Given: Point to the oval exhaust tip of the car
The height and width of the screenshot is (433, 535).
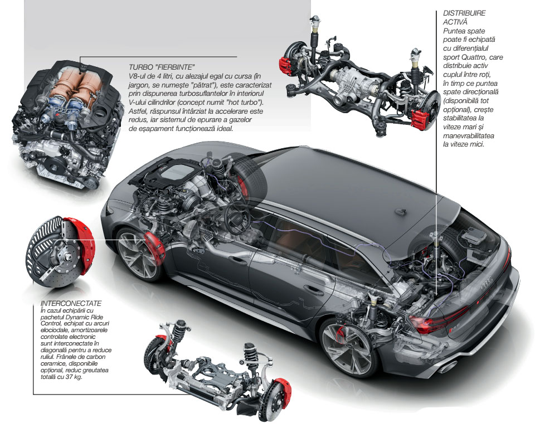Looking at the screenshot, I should (447, 366).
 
